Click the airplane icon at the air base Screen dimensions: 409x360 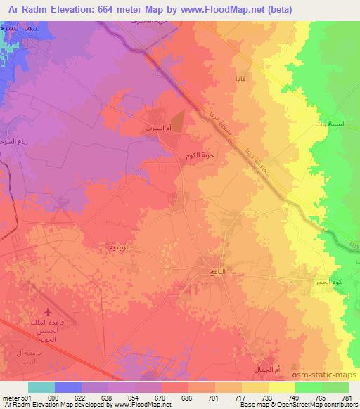click(48, 311)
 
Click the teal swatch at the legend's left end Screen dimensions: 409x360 click(41, 387)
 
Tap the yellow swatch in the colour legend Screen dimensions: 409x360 click(282, 387)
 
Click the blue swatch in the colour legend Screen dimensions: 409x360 click(68, 387)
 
